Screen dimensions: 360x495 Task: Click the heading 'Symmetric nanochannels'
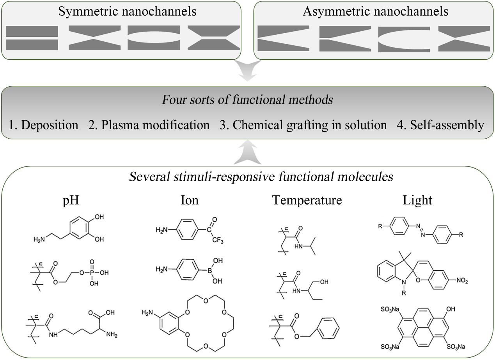tap(127, 11)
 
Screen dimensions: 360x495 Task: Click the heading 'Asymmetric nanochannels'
tap(375, 11)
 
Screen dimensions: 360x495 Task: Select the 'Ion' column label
tap(190, 200)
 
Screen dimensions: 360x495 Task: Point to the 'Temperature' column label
tap(307, 200)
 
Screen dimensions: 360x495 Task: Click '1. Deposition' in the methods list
tap(43, 125)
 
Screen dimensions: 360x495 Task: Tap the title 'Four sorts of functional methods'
tap(247, 100)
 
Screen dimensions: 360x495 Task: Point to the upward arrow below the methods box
tap(247, 152)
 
